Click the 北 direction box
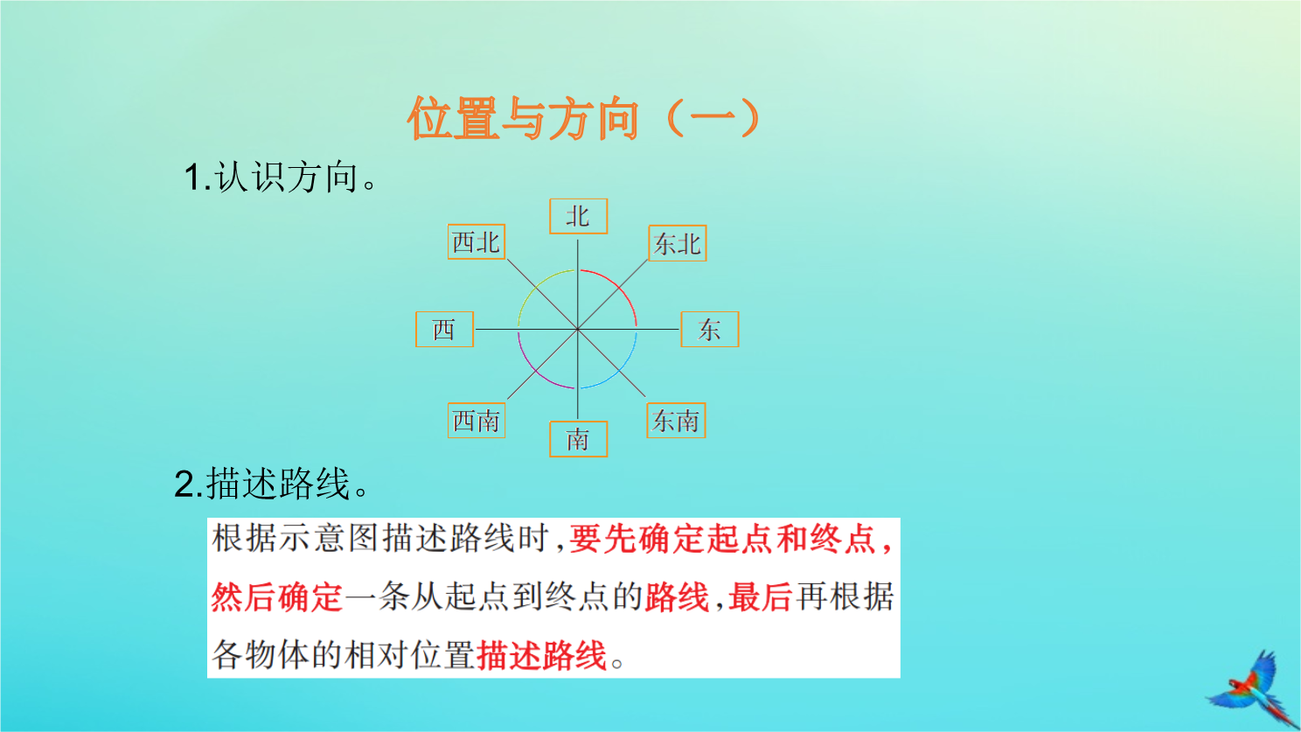[x=579, y=216]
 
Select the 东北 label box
[x=678, y=243]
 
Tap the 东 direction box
[x=710, y=330]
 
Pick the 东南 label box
[x=676, y=420]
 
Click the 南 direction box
[x=579, y=439]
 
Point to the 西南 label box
[x=477, y=420]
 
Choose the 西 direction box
[x=444, y=330]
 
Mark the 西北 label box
[x=477, y=241]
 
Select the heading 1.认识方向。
[x=281, y=177]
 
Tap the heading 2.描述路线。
[x=271, y=484]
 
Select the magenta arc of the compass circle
[x=535, y=372]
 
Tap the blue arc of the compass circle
[x=620, y=371]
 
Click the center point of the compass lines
[x=577, y=330]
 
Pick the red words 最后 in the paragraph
[x=761, y=596]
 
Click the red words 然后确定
[x=277, y=596]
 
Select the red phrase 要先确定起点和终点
[x=722, y=539]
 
